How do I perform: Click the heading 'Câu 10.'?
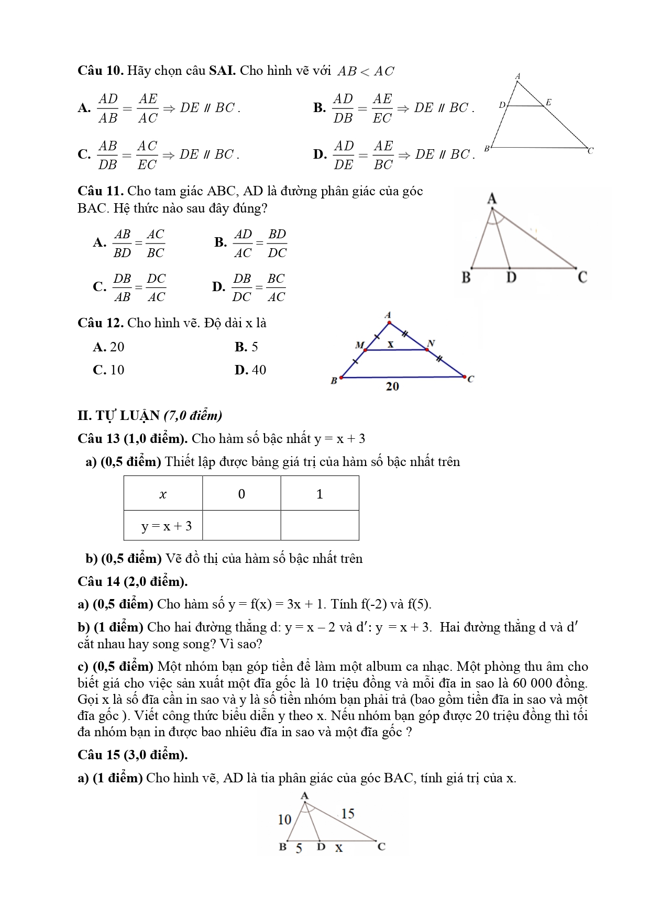100,71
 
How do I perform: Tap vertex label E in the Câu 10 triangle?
548,102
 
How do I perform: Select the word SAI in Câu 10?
222,71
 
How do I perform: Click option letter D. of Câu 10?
319,154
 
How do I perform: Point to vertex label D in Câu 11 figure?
511,277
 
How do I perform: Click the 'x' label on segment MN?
390,344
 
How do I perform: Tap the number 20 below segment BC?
392,386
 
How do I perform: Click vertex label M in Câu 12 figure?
359,345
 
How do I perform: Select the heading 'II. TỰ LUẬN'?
118,416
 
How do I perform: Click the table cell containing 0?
241,494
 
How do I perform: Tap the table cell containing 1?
320,494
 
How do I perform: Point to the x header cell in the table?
163,494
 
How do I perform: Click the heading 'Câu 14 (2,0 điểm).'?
133,581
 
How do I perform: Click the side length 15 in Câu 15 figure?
348,813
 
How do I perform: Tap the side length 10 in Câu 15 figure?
284,820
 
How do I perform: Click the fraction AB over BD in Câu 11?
123,243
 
